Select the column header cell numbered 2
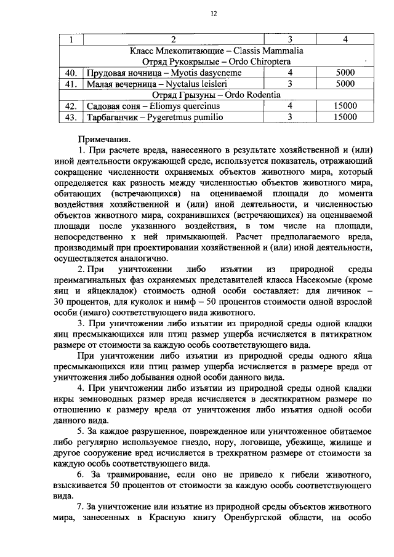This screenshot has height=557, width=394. pos(171,41)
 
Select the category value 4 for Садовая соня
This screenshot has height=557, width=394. pos(289,106)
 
